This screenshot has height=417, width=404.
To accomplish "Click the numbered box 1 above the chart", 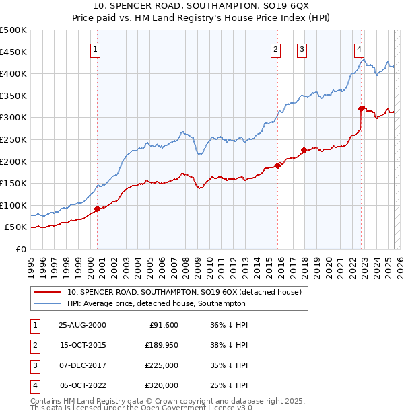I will tap(95, 48).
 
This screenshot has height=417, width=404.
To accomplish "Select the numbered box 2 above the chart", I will tap(276, 48).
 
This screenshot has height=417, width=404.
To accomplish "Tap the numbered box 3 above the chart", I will tap(302, 48).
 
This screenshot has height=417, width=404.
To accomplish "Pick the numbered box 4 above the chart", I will tap(360, 48).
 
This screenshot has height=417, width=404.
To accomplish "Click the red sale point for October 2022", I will tap(362, 108).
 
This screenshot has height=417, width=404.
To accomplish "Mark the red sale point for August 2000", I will tap(98, 208).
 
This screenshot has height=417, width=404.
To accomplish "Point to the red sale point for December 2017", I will tap(304, 150).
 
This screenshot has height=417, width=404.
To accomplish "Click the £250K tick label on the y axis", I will tap(13, 139).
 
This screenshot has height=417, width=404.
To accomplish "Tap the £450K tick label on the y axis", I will tap(13, 52).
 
